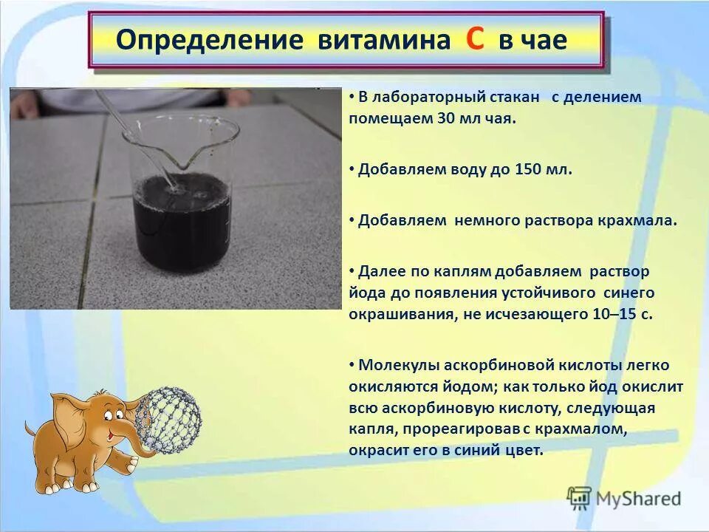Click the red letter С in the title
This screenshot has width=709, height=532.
(476, 39)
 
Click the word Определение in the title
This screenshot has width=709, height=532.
(210, 41)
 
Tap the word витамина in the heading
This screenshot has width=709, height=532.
(383, 41)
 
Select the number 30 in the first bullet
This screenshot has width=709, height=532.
(427, 118)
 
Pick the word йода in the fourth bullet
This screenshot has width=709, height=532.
(364, 293)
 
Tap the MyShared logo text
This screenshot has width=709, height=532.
(640, 498)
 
